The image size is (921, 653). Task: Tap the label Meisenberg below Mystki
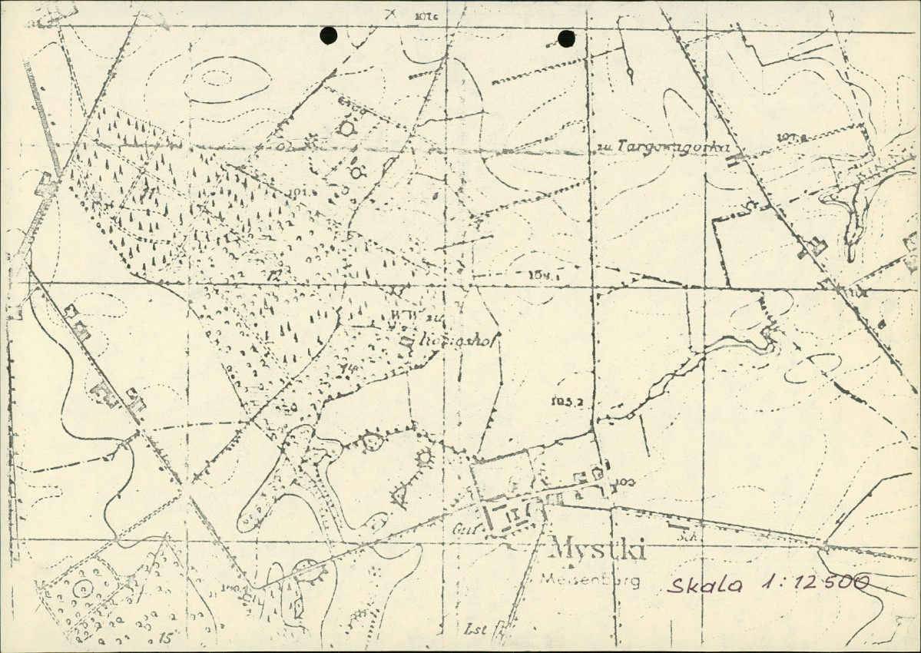point(591,581)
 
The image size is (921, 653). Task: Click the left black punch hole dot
point(328,35)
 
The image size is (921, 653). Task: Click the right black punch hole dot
point(567,38)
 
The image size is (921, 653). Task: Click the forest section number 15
point(164,637)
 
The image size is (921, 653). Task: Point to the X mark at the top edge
point(391,12)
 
